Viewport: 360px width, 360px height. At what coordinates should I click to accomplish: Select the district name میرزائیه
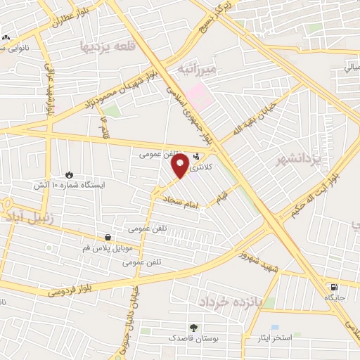pyautogui.click(x=197, y=70)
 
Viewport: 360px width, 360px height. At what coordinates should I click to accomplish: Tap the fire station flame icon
pyautogui.click(x=68, y=174)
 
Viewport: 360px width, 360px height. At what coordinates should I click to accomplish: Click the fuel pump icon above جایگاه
pyautogui.click(x=333, y=286)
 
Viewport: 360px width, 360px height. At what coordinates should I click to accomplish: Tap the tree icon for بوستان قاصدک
pyautogui.click(x=193, y=327)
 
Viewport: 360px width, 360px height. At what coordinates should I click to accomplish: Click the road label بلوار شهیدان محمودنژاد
pyautogui.click(x=126, y=91)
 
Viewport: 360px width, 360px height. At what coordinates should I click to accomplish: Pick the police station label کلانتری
pyautogui.click(x=200, y=166)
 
